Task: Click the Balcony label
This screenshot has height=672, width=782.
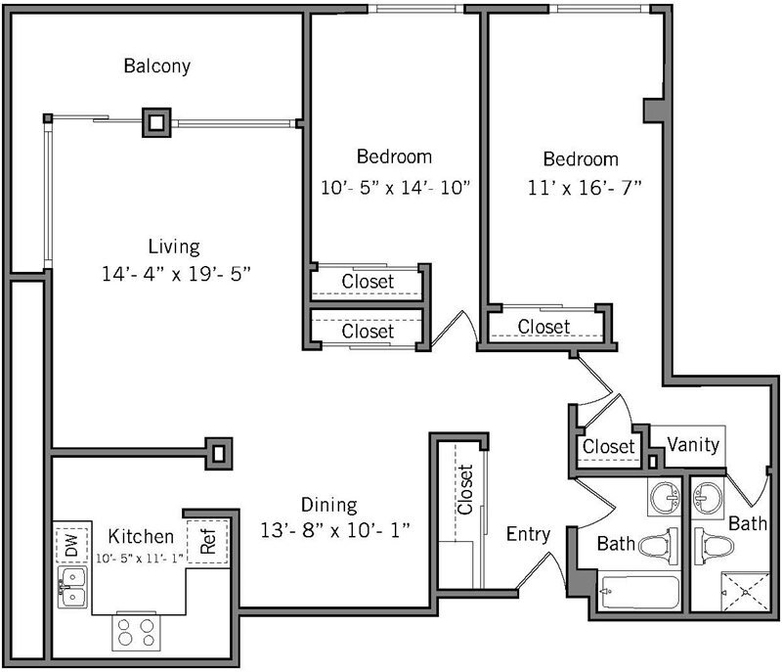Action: click(156, 67)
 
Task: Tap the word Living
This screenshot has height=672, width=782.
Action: click(174, 246)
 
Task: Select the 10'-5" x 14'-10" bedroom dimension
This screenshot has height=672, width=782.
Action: click(396, 187)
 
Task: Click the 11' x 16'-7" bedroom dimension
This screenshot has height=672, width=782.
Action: click(581, 188)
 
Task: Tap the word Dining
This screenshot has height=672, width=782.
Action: click(328, 505)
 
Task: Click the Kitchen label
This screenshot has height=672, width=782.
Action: click(141, 536)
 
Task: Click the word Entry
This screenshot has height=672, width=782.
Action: click(528, 534)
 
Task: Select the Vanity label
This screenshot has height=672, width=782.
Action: click(693, 445)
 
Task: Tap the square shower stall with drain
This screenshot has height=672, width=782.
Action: click(745, 590)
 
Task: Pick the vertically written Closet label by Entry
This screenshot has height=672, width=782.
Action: click(465, 489)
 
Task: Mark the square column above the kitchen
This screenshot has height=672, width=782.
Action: click(220, 452)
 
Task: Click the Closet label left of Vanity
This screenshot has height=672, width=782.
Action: click(609, 446)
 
